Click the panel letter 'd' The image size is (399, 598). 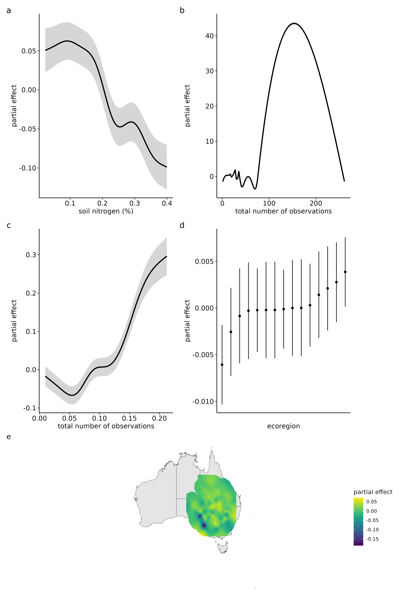point(182,226)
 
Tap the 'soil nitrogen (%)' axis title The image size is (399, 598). point(106,211)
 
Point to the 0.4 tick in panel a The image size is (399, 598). point(167,203)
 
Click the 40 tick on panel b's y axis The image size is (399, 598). point(209,36)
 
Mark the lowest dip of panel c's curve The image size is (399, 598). point(72,395)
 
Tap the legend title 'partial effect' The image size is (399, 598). point(373,492)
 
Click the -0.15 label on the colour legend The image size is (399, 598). point(372,539)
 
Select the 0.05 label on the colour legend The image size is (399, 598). point(371,502)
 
